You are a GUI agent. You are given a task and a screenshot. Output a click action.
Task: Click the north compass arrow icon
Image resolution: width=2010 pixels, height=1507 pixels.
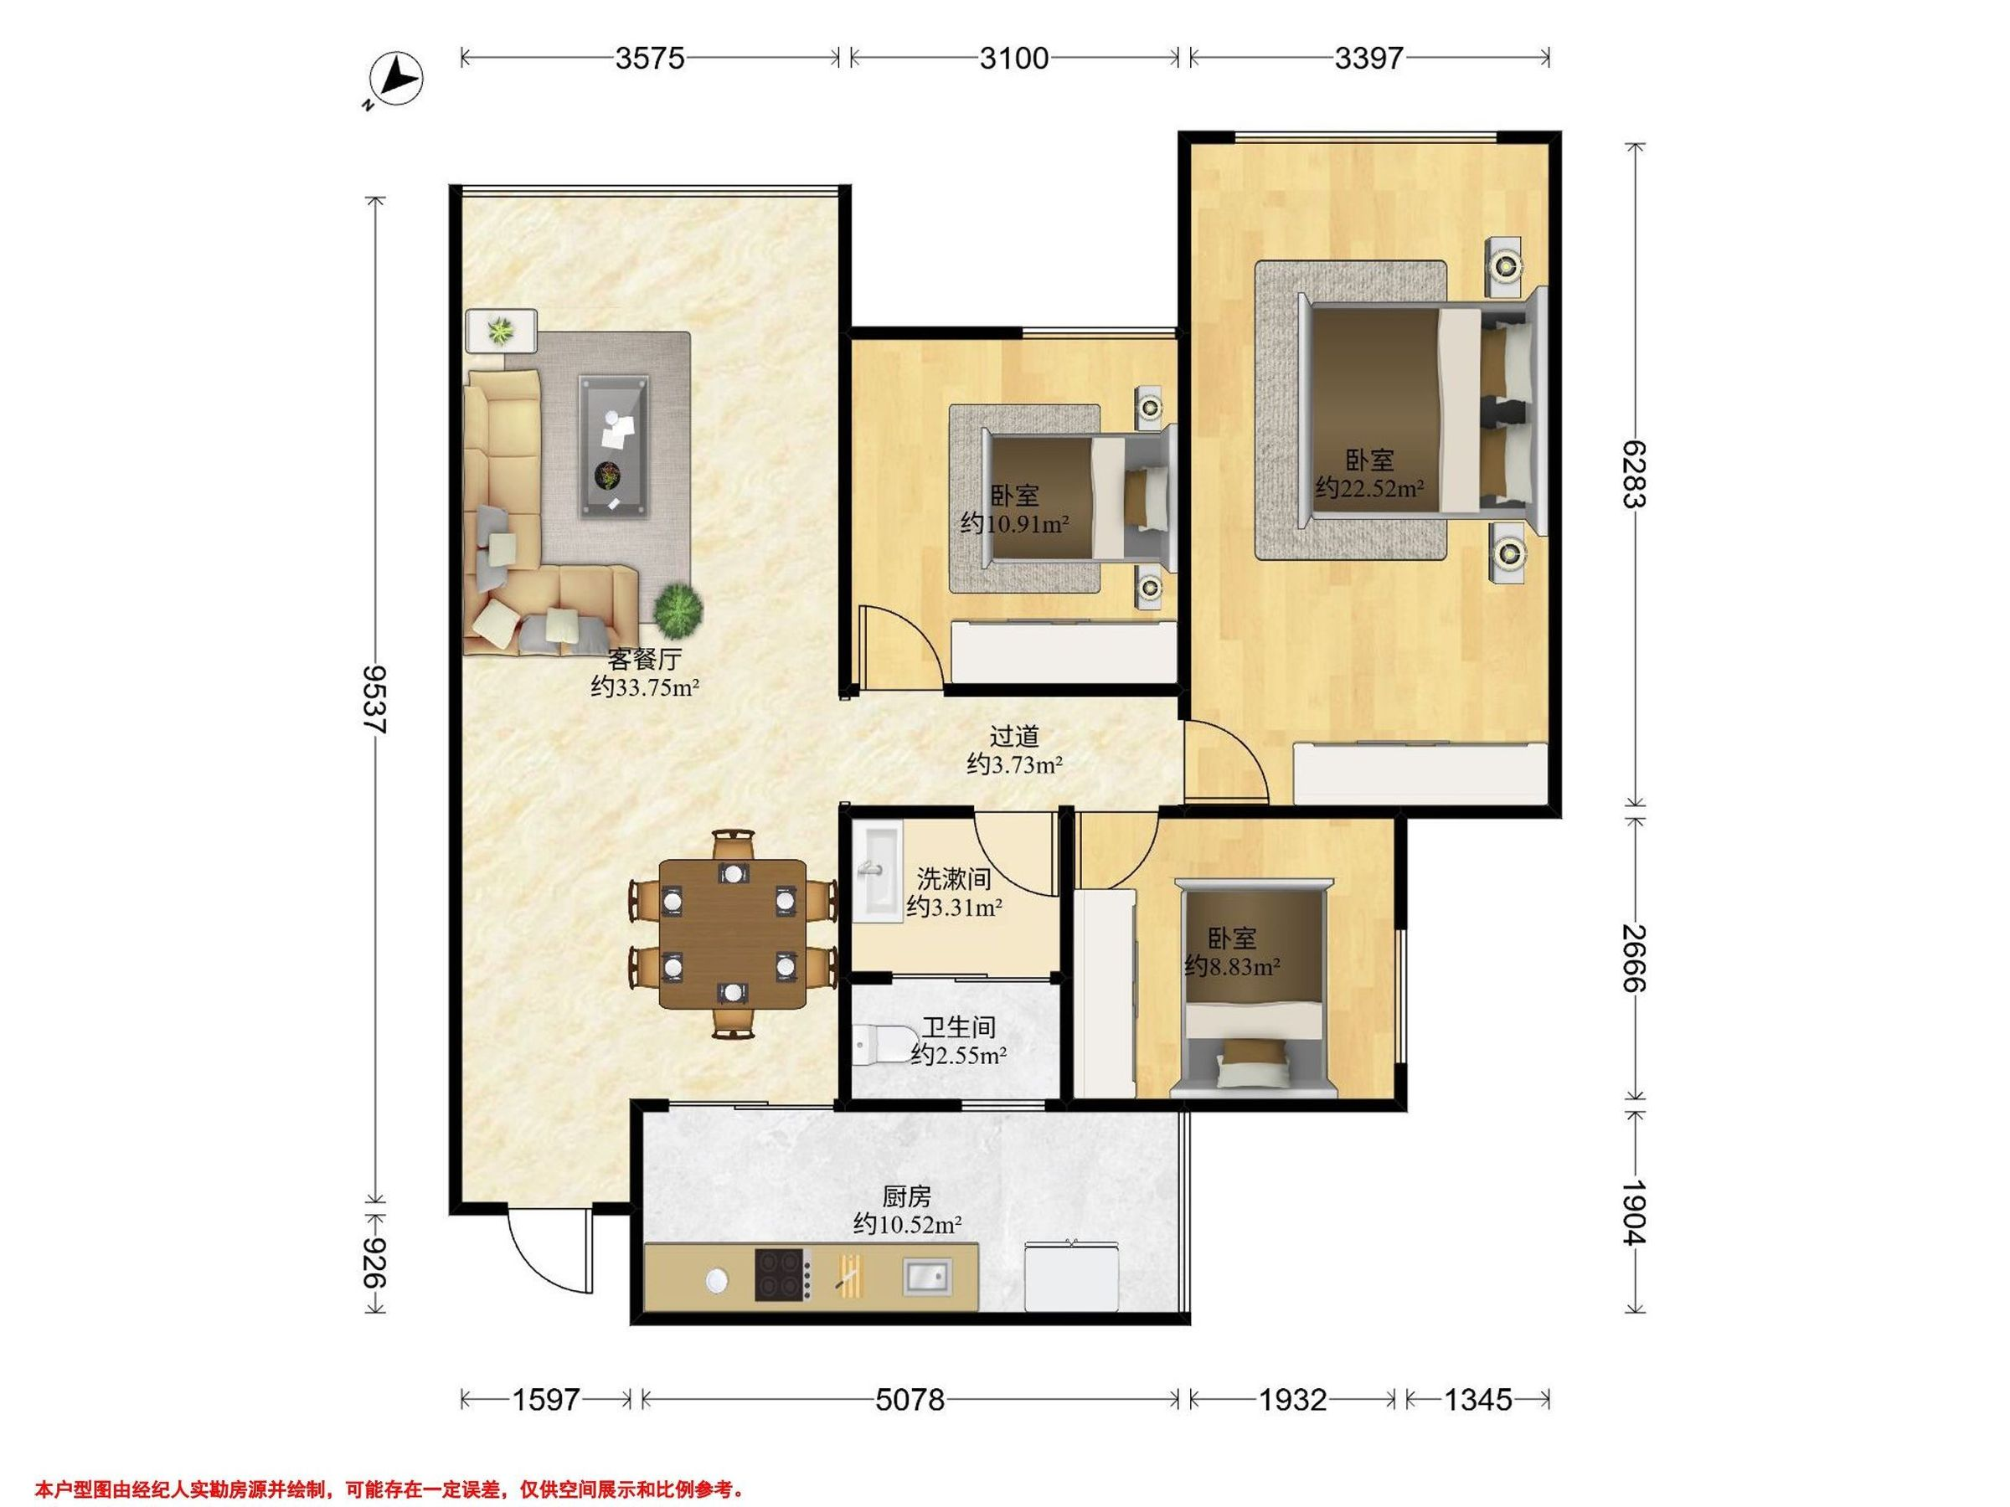click(x=397, y=80)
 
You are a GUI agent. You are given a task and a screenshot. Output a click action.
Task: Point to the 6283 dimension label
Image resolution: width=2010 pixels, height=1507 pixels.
click(x=1634, y=474)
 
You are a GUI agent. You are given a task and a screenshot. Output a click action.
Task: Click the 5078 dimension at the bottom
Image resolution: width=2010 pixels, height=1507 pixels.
click(x=910, y=1400)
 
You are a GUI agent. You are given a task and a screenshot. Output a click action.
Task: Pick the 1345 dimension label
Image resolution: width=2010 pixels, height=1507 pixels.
click(x=1477, y=1400)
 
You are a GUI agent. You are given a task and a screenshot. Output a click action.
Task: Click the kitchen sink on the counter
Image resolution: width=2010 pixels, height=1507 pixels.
click(x=927, y=1276)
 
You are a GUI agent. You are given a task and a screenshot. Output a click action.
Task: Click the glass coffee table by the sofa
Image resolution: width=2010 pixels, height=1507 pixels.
click(x=616, y=448)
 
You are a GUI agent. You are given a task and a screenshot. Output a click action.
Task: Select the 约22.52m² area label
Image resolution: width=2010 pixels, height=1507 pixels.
click(x=1369, y=489)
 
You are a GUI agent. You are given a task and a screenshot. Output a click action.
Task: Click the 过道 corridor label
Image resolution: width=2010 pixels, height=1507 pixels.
click(x=1014, y=737)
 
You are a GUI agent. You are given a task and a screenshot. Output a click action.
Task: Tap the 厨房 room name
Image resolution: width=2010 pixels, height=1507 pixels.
click(x=907, y=1197)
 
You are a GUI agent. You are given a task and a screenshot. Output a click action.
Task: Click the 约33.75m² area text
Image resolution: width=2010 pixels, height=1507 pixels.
click(x=644, y=687)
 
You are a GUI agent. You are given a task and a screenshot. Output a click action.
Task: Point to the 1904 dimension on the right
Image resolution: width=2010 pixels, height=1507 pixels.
click(x=1634, y=1211)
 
